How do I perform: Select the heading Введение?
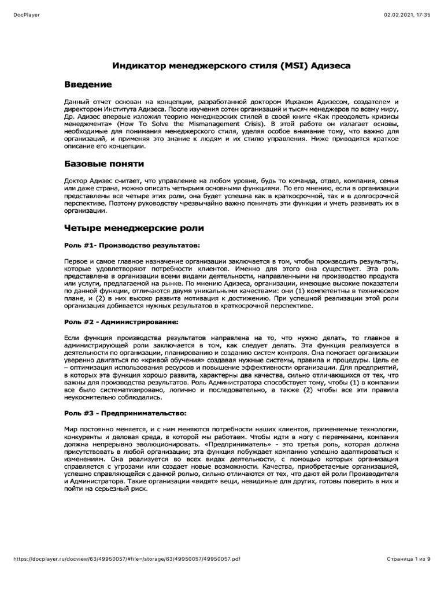click(88, 85)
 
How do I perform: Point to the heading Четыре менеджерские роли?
click(134, 228)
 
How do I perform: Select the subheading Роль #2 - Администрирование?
click(121, 320)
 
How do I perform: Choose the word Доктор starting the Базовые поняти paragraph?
click(77, 182)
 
